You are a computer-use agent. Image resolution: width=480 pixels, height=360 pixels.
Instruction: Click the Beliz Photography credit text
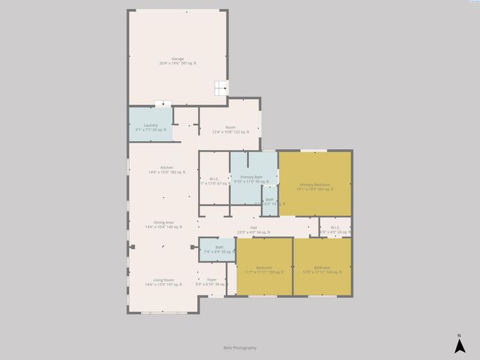pos(240,348)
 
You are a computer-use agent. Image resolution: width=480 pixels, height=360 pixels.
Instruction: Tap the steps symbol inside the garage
pos(219,88)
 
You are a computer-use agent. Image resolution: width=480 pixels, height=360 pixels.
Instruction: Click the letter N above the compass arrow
pos(459,334)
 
